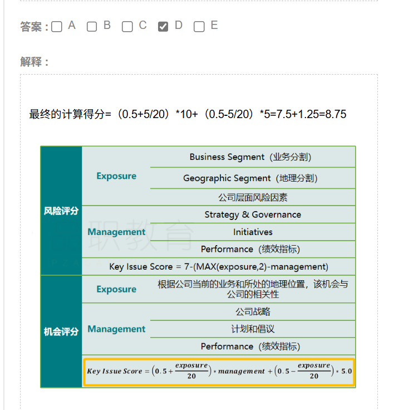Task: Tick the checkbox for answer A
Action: (x=57, y=27)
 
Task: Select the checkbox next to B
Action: (x=92, y=27)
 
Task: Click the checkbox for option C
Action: (x=127, y=27)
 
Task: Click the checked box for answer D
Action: (x=163, y=27)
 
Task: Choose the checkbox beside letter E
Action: (x=199, y=27)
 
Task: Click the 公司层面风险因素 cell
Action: (x=253, y=197)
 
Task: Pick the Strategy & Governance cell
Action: (x=253, y=214)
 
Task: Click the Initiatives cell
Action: (x=253, y=232)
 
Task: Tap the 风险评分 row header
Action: (x=61, y=211)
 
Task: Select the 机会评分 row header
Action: (x=61, y=331)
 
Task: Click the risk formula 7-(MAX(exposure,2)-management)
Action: (x=256, y=266)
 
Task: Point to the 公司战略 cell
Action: (x=253, y=311)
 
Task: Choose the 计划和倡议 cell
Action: (x=253, y=329)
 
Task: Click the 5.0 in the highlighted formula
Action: (x=347, y=371)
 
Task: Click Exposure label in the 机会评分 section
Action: (x=116, y=289)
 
